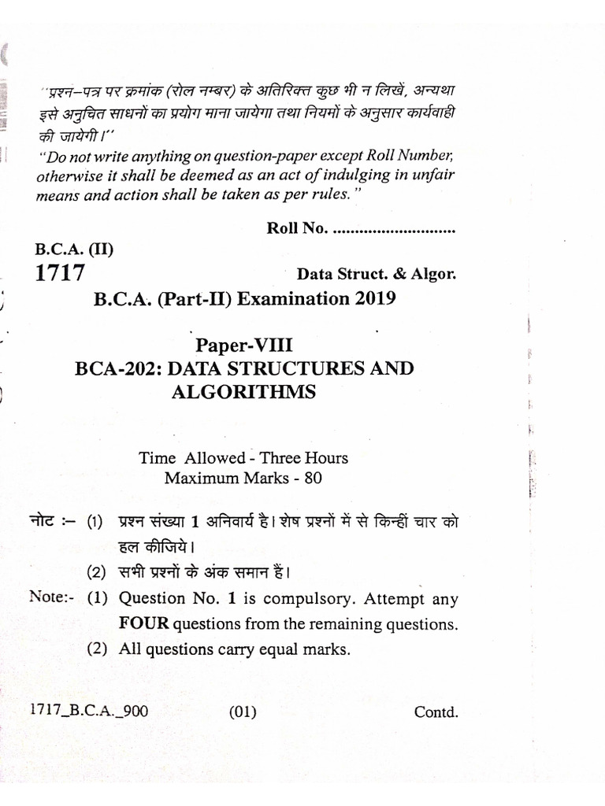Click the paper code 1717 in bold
click(x=59, y=273)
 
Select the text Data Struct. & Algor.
click(x=376, y=275)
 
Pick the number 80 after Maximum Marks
click(x=313, y=478)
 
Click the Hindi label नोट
click(x=47, y=522)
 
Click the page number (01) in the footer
click(x=243, y=713)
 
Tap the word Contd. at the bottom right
click(x=436, y=713)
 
